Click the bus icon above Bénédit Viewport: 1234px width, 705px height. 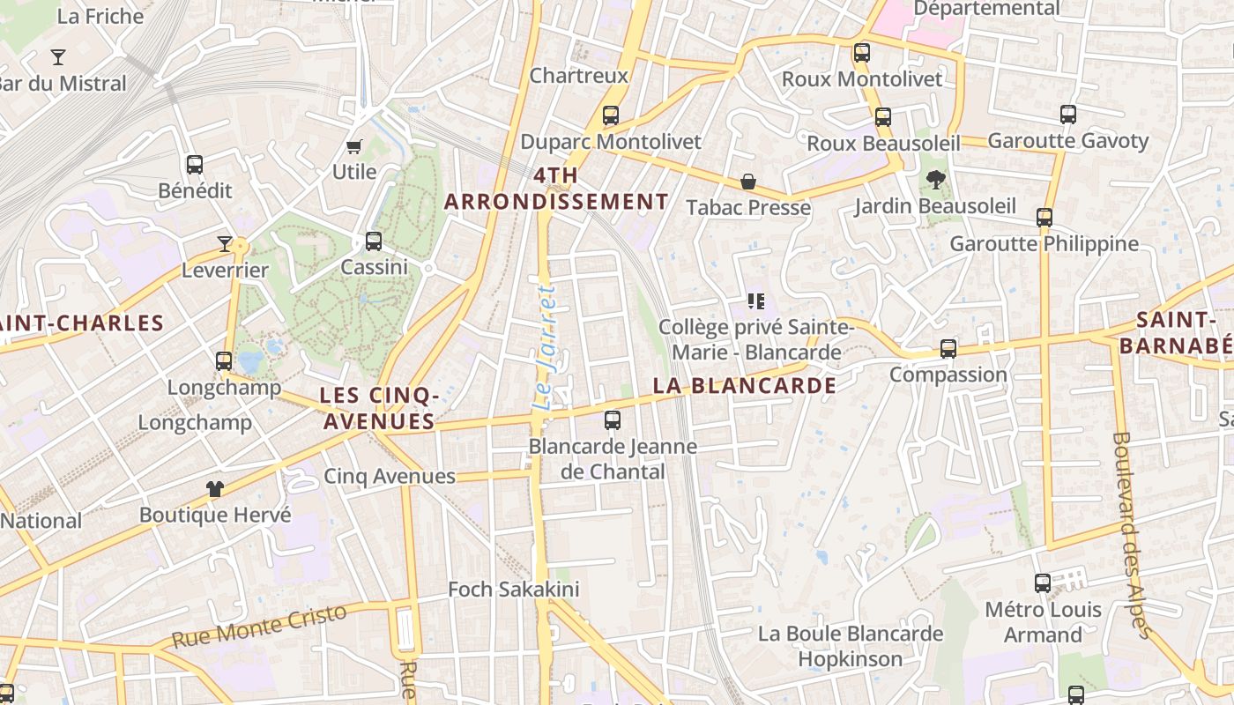point(195,164)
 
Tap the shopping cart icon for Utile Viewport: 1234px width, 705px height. point(354,146)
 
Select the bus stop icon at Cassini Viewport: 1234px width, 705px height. point(374,241)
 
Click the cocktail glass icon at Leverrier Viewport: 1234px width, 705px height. point(225,243)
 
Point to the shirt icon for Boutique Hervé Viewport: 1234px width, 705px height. point(215,488)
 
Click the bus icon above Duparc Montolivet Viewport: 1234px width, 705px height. point(610,115)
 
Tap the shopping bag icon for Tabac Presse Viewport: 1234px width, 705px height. point(748,182)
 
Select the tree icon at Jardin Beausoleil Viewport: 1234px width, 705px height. point(935,180)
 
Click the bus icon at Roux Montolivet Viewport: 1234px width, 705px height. point(862,52)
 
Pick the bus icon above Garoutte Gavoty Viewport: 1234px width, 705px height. point(1068,114)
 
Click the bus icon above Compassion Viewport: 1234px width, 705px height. point(948,348)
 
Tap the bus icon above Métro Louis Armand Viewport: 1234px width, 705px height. point(1043,583)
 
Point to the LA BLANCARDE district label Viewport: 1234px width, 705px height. point(744,385)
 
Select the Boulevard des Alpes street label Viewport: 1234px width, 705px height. point(1131,532)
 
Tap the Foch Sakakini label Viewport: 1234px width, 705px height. point(514,589)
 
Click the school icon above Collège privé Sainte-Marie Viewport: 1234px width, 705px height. point(755,301)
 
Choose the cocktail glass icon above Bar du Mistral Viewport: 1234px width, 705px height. point(58,57)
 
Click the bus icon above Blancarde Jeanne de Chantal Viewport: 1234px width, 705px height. point(613,419)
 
